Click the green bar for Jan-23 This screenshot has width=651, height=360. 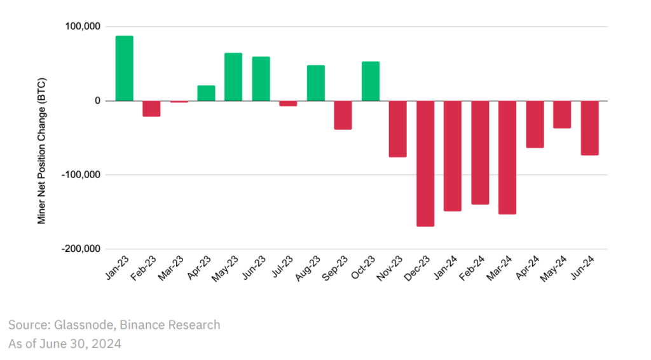click(x=124, y=68)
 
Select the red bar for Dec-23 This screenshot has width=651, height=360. click(x=425, y=163)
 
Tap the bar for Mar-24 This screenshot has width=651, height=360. click(x=507, y=157)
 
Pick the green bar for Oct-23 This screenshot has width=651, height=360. click(x=371, y=81)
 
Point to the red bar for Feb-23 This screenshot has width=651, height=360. click(x=151, y=108)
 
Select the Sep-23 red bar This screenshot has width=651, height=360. click(x=343, y=115)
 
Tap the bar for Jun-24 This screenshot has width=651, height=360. click(x=589, y=128)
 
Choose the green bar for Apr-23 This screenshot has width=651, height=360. click(x=206, y=93)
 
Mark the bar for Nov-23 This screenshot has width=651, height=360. click(x=398, y=128)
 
